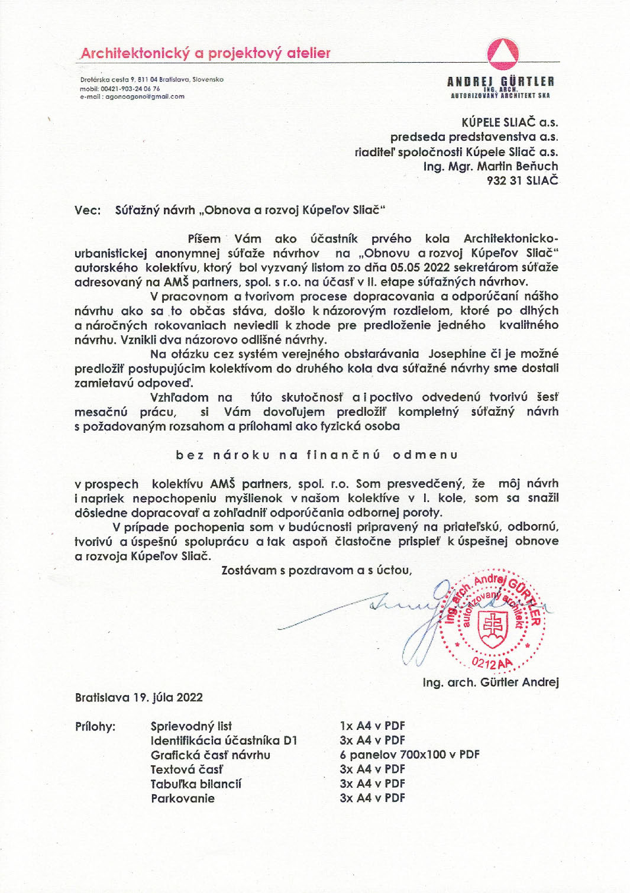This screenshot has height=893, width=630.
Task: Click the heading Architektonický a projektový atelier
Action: [x=205, y=53]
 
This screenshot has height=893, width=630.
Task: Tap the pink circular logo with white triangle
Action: [x=503, y=53]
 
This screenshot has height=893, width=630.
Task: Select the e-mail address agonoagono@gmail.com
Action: [x=145, y=96]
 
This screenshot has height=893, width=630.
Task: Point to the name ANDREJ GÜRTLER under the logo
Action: [x=500, y=82]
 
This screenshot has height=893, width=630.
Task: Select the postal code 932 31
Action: [x=502, y=181]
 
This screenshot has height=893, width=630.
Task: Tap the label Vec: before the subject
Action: [x=88, y=210]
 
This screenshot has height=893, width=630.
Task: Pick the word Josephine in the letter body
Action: [x=457, y=354]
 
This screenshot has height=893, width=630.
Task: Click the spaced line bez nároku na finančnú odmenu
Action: [x=316, y=455]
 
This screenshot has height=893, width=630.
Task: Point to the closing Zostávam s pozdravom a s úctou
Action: [x=316, y=570]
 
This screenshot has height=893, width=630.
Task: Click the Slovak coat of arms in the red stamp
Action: [x=493, y=629]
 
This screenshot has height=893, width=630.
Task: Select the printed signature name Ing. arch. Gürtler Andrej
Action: [x=490, y=682]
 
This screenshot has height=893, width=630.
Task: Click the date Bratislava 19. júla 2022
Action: [x=139, y=697]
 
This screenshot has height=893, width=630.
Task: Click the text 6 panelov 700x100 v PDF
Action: [x=409, y=755]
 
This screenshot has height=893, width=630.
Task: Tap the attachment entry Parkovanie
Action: [x=183, y=798]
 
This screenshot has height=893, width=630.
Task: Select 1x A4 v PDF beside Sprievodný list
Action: [x=372, y=726]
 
